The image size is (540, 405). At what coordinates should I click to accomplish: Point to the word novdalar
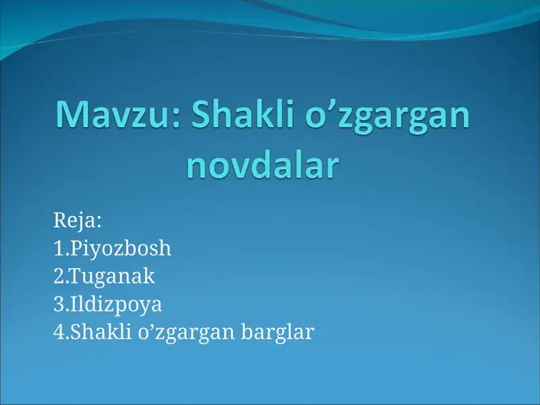(x=261, y=165)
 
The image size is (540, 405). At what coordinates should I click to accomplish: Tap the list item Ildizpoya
(x=115, y=304)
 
